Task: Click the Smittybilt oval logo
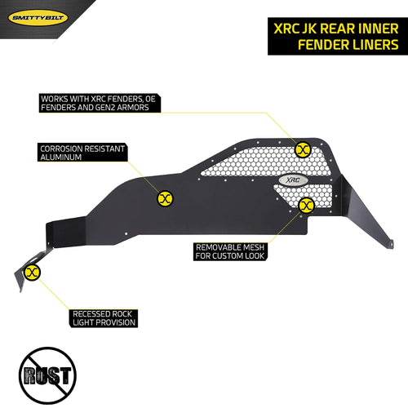(38, 18)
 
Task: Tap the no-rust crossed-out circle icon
(47, 375)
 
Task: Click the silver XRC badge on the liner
(293, 180)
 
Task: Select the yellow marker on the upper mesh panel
(303, 149)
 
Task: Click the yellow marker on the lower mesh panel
(307, 206)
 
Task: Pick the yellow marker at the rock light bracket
(32, 273)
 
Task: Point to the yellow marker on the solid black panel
(166, 198)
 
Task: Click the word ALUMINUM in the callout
(61, 157)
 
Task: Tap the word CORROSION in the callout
(60, 149)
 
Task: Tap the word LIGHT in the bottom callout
(83, 322)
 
